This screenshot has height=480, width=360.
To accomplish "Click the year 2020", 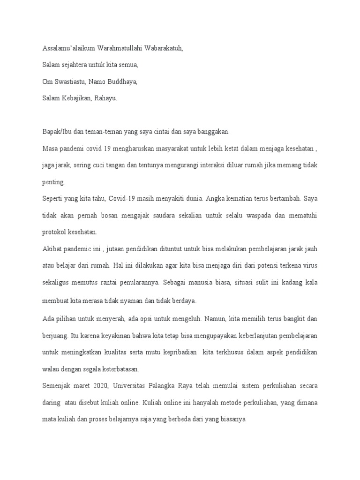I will (x=99, y=386).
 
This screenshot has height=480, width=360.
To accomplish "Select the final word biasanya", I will (x=230, y=420).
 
